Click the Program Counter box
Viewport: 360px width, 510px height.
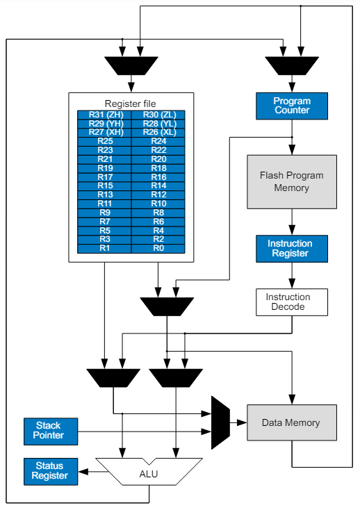pyautogui.click(x=292, y=106)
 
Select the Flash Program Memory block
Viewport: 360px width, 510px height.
pyautogui.click(x=291, y=181)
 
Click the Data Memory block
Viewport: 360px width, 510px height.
pyautogui.click(x=291, y=422)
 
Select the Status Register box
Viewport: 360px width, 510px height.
pyautogui.click(x=49, y=470)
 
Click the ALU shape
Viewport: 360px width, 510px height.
pyautogui.click(x=149, y=472)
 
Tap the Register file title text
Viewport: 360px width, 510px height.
pyautogui.click(x=131, y=103)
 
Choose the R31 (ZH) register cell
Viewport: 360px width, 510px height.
pyautogui.click(x=104, y=114)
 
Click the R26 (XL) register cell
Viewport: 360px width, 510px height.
pyautogui.click(x=158, y=132)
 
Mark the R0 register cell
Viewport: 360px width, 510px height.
pyautogui.click(x=158, y=248)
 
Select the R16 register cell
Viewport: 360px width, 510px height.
pyautogui.click(x=158, y=176)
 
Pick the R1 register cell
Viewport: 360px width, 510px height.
pyautogui.click(x=104, y=248)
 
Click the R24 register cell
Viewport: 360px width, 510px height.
pyautogui.click(x=158, y=141)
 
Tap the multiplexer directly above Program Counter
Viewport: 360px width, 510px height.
pyautogui.click(x=292, y=66)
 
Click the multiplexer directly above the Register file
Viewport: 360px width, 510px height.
pyautogui.click(x=131, y=66)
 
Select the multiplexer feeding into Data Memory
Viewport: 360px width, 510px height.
pyautogui.click(x=220, y=422)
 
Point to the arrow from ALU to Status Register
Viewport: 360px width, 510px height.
pyautogui.click(x=87, y=471)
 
